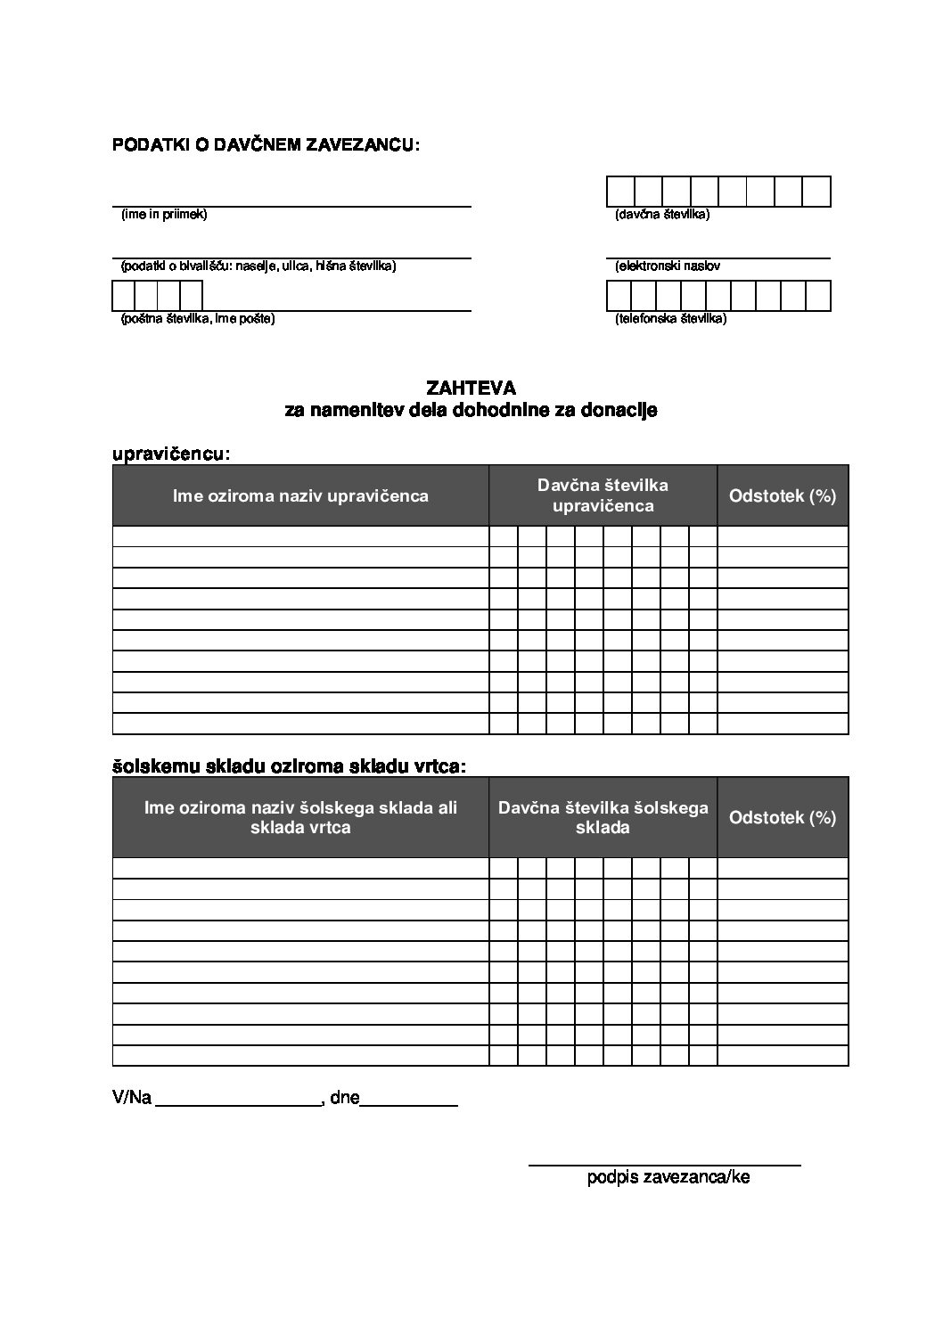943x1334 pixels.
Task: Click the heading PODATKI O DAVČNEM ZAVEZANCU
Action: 265,144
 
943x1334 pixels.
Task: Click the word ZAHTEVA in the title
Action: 471,388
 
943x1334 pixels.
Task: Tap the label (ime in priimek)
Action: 164,215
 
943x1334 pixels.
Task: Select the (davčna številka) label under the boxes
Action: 661,215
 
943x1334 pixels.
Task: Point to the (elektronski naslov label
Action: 667,266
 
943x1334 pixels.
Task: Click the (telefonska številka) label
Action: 670,318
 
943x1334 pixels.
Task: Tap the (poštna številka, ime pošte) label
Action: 197,318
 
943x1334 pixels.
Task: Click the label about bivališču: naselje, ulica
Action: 258,266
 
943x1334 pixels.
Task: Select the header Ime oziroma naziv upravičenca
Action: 300,495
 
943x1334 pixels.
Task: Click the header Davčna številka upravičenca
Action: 603,495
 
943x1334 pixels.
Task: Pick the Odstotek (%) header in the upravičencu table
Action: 783,495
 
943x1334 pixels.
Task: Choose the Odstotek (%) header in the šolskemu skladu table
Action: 783,817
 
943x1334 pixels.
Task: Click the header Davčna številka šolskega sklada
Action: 603,817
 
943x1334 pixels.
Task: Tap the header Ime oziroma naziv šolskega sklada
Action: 300,817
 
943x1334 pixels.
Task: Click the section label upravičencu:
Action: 171,454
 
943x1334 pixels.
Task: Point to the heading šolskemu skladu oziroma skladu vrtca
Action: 289,765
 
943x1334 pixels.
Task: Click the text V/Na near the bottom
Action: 132,1098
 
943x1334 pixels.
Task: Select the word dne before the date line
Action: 344,1098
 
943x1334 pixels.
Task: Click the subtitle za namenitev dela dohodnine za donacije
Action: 471,411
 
